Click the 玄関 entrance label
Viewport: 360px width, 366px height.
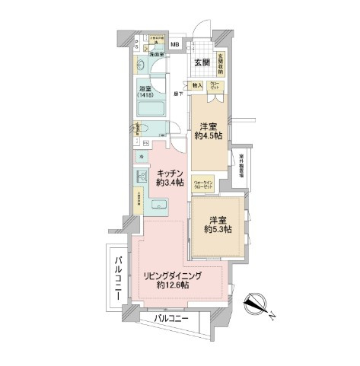coord(202,62)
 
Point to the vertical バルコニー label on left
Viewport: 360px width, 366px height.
coord(118,279)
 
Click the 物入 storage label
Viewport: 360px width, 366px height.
coord(196,86)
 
